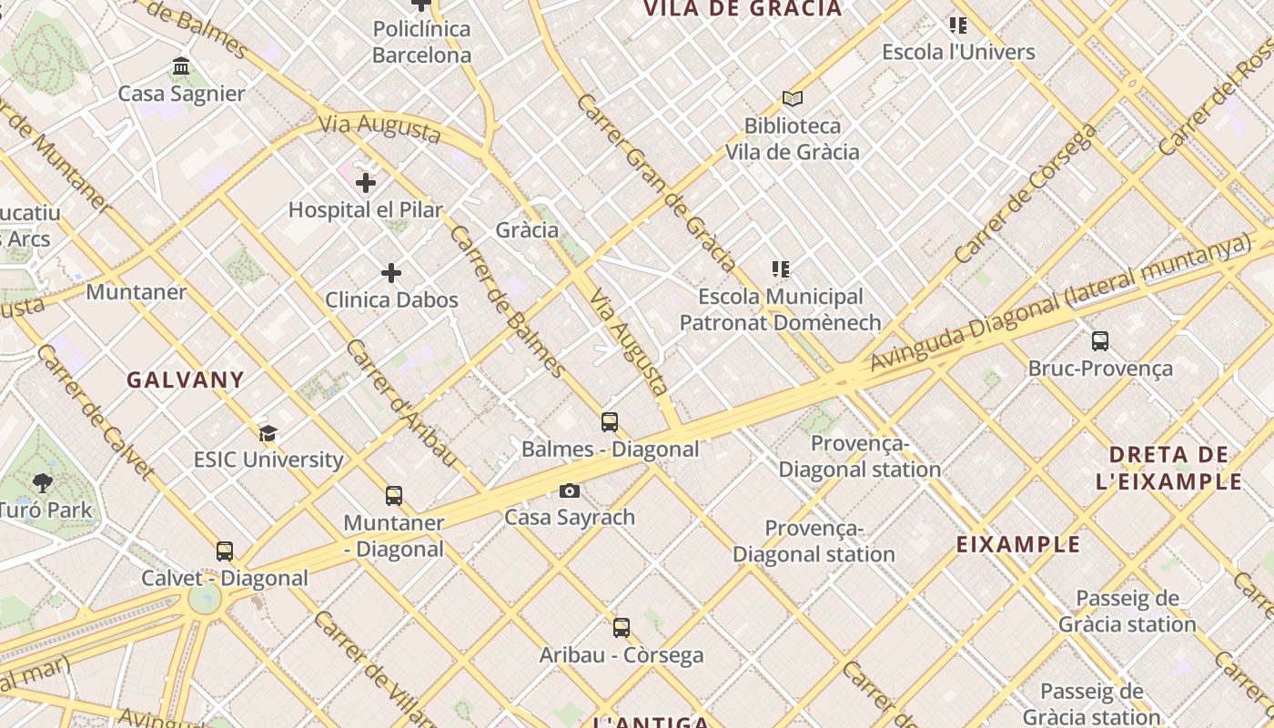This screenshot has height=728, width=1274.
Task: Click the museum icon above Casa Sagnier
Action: [181, 66]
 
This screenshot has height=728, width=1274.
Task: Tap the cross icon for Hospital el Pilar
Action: [366, 183]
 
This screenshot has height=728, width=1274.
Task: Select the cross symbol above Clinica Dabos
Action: [391, 273]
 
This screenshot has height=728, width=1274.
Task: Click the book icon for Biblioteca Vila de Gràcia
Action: [793, 98]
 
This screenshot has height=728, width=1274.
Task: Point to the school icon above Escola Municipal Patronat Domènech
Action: [780, 269]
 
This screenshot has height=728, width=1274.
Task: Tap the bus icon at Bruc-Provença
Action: [1100, 341]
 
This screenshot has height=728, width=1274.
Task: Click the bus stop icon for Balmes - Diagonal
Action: [610, 422]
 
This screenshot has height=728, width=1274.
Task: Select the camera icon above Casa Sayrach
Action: [570, 491]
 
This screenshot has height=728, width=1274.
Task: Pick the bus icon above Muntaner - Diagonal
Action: [394, 496]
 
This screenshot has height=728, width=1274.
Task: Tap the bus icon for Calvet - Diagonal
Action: [225, 551]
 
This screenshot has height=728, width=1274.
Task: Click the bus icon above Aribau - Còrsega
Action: [622, 628]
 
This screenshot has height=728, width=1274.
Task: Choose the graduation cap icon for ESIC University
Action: [268, 433]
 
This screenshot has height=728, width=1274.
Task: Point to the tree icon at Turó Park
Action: [42, 483]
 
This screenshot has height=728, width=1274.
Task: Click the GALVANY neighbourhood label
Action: [186, 380]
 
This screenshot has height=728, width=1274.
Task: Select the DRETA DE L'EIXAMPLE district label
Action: [1169, 468]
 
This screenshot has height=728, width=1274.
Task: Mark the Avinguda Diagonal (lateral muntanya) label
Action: [1060, 302]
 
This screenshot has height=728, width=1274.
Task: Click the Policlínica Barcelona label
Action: [422, 42]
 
